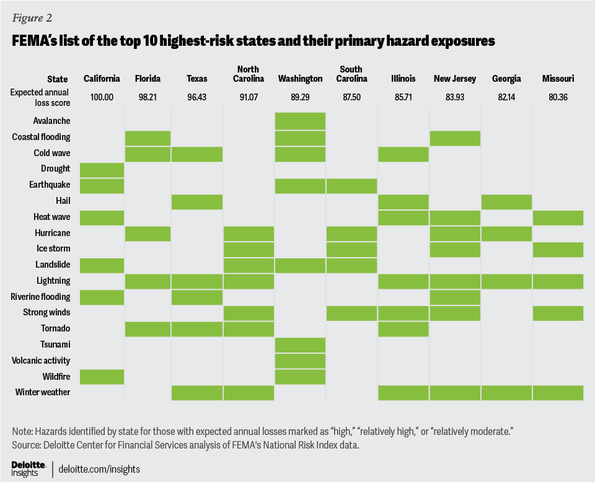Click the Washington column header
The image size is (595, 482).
pos(300,79)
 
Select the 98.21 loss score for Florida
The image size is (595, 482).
pos(148,98)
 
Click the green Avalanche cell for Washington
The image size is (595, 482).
pos(301,121)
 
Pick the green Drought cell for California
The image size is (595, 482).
pos(102,169)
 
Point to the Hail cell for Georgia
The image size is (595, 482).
pos(506,201)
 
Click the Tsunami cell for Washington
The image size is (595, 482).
pos(301,345)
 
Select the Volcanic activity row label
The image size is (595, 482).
pos(41,361)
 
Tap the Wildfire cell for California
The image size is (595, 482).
pos(102,377)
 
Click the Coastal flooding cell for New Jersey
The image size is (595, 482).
pos(455,138)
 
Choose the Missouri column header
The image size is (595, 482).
pos(558,79)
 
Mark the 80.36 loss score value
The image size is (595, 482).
pos(558,98)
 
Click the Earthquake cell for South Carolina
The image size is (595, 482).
pos(351,185)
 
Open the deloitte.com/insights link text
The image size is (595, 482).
pos(99,470)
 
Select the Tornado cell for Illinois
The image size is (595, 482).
pos(403,329)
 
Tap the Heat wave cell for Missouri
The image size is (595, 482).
pos(558,217)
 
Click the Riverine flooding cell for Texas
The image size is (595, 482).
pos(196,297)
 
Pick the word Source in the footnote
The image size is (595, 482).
pos(26,444)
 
